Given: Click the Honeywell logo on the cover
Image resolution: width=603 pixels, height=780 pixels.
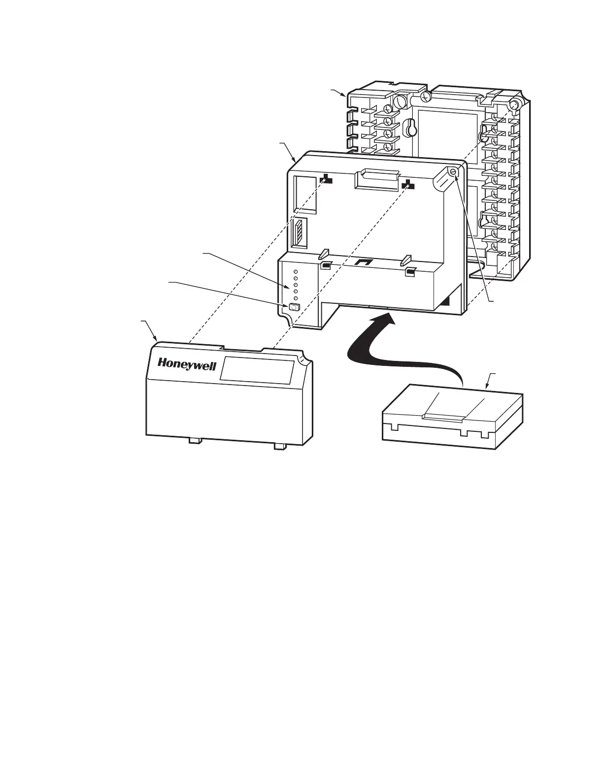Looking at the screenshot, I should tap(187, 365).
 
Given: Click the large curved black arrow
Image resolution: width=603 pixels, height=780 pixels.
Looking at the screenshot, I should tap(374, 345).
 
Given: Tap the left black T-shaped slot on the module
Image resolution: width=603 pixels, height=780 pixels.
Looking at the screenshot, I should tap(326, 179).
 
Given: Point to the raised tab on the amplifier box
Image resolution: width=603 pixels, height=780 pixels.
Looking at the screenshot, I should tap(442, 418).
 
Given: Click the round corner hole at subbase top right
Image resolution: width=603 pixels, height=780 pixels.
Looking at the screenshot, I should tap(515, 105).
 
